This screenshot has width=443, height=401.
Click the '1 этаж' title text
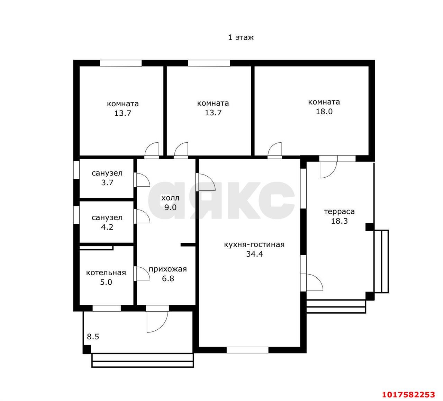[x=241, y=38]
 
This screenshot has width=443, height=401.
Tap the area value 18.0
[x=324, y=112]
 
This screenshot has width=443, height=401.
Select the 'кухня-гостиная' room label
[x=254, y=244]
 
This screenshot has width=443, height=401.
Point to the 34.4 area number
[x=255, y=254]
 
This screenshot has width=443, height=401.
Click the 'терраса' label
[x=339, y=212]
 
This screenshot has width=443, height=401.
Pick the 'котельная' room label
[x=106, y=273]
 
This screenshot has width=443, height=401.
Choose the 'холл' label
[x=170, y=198]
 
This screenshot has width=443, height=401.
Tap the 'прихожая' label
[x=168, y=269]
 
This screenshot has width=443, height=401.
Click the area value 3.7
[x=107, y=182]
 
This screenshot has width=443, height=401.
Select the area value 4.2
[x=107, y=227]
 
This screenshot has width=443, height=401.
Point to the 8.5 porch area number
[x=93, y=337]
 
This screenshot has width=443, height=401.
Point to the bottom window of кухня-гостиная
[x=247, y=350]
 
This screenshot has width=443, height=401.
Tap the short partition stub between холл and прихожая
[x=188, y=245]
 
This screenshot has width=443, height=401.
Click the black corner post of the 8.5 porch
[x=87, y=349]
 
